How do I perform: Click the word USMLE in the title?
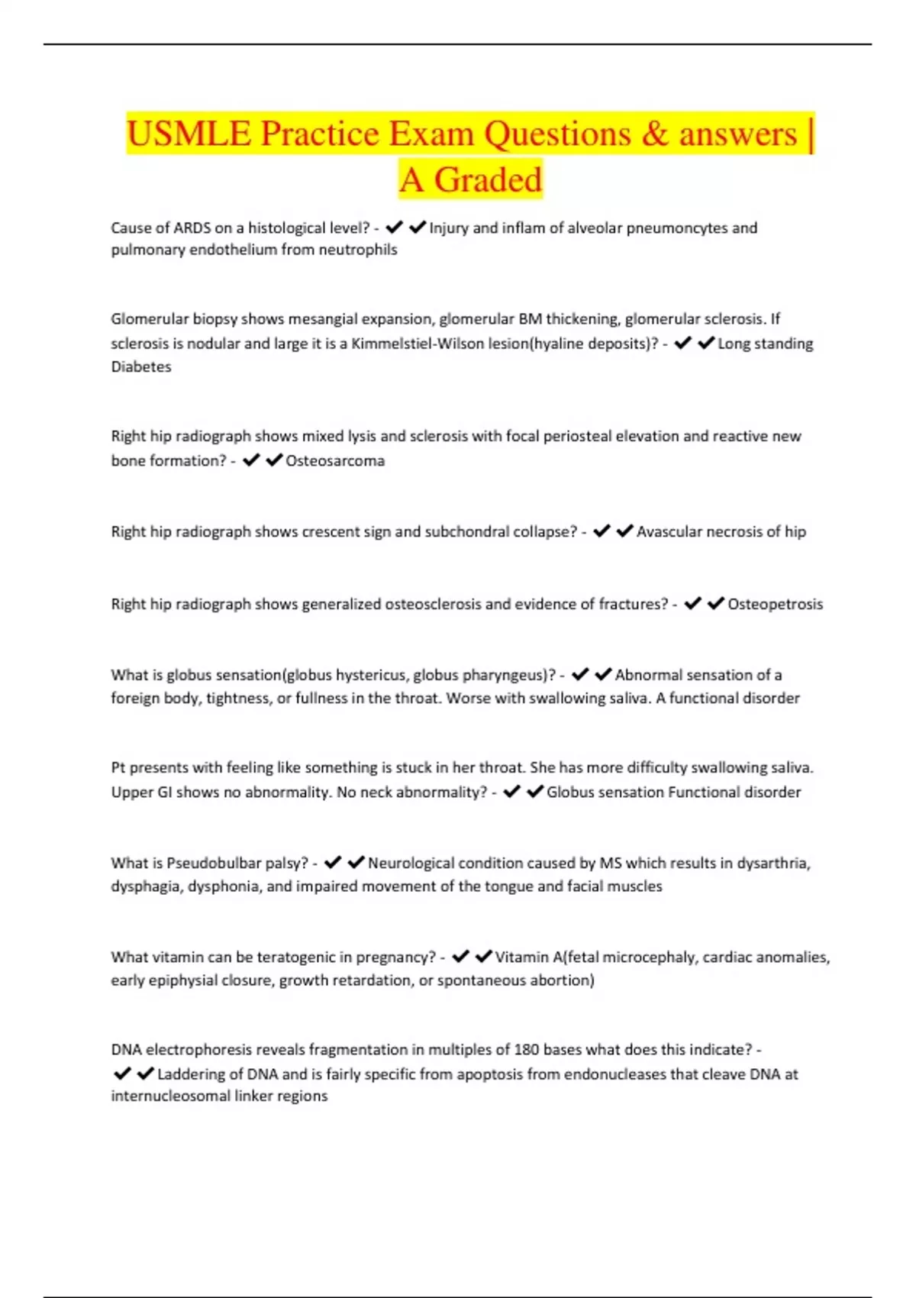point(189,134)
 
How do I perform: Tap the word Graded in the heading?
point(488,180)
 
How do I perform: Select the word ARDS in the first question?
point(193,228)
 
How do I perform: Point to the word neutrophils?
point(358,250)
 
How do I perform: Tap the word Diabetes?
point(141,366)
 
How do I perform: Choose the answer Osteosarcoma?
point(335,460)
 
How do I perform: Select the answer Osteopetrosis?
point(775,604)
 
